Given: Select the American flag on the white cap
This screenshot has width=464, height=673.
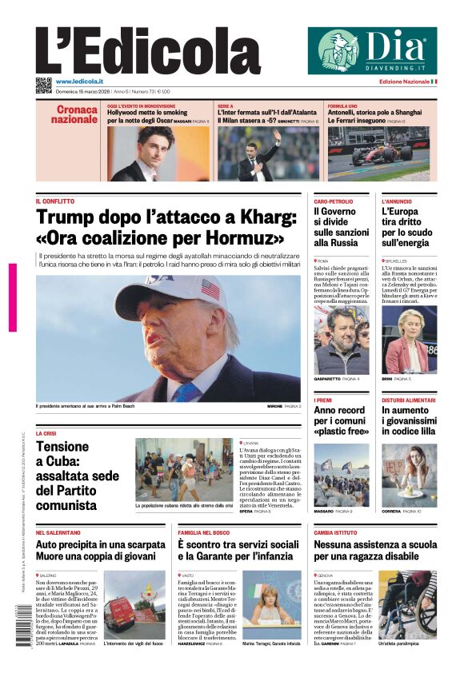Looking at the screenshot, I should (x=210, y=289).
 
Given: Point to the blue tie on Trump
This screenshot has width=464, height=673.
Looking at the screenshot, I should (x=186, y=391).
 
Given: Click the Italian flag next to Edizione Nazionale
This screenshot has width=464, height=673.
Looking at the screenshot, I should (x=434, y=82).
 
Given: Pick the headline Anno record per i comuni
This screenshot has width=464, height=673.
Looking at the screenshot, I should (x=339, y=420).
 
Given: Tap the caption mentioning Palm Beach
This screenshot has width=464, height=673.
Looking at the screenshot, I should (x=86, y=406).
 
